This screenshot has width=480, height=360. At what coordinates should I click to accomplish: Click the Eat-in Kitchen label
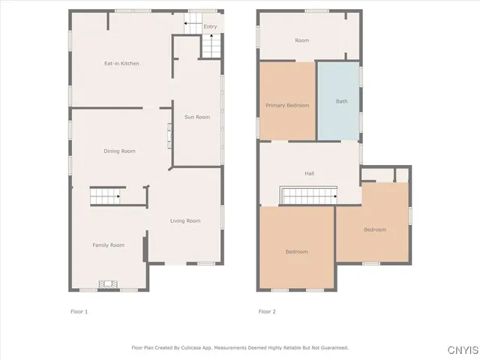pos(121,63)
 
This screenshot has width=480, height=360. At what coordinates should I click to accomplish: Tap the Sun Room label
pos(197,117)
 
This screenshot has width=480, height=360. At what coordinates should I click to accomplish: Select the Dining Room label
pos(119,151)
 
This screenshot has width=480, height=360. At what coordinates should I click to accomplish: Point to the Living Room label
pos(185,220)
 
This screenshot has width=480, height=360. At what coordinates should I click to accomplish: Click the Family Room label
pos(108,245)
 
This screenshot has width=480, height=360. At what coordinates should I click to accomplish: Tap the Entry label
pos(211,27)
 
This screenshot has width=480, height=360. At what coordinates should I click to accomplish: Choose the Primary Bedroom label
pos(287,106)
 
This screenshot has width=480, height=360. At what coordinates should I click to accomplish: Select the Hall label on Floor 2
pos(309,174)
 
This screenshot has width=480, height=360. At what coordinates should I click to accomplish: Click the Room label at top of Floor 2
pos(301,40)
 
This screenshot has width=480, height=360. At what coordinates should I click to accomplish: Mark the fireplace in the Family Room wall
pos(109,285)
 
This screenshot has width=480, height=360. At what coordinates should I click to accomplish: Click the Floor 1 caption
pos(79,311)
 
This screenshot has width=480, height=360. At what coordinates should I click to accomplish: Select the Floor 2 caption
pos(268,311)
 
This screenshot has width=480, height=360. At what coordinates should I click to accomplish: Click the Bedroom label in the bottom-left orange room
pos(296,252)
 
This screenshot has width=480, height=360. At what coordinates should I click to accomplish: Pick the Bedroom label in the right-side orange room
pos(375,229)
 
